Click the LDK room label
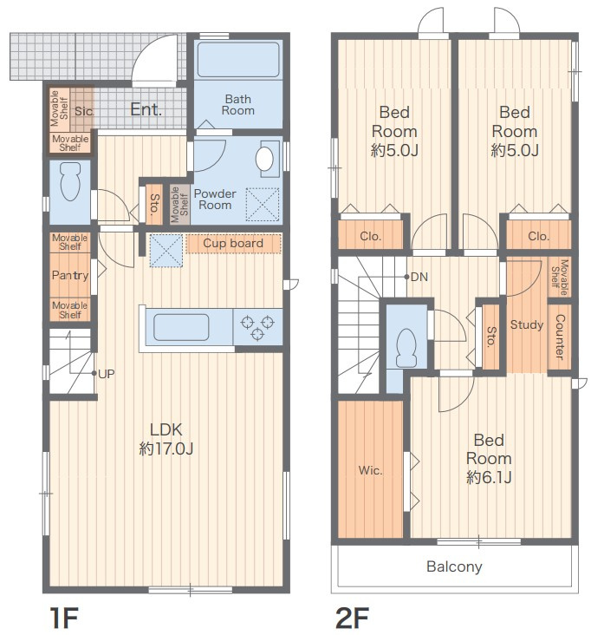(x=166, y=439)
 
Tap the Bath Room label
(x=237, y=104)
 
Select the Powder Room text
(x=215, y=200)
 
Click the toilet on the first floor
(x=70, y=181)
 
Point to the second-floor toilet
(x=406, y=348)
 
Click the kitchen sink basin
(x=181, y=327)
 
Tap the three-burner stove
(x=257, y=328)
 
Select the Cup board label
(x=233, y=243)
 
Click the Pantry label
(x=70, y=276)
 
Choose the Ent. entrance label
(x=146, y=109)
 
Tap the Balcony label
(x=454, y=566)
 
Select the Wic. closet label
(x=370, y=470)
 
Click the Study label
(x=526, y=324)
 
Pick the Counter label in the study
(x=560, y=337)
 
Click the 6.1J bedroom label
(x=489, y=459)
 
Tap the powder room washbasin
(x=264, y=159)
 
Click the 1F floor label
(x=64, y=617)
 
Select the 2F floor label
(x=352, y=617)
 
